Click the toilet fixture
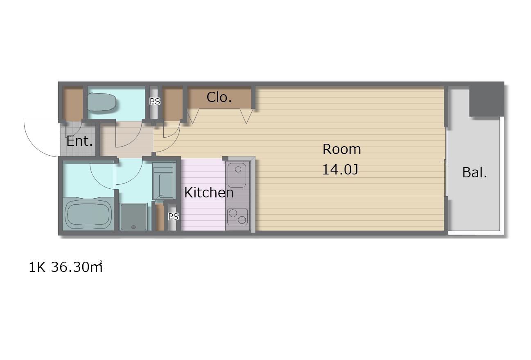102,102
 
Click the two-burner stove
237,217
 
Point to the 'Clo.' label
219,97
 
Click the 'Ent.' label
79,141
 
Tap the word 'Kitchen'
209,192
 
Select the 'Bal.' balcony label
475,172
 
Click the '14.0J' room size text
340,170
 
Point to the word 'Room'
341,149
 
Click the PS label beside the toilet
155,102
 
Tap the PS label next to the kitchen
173,217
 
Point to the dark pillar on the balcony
486,100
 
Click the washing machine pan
134,217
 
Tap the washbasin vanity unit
164,181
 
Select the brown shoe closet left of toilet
72,103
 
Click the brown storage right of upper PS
173,103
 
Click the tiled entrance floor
78,139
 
